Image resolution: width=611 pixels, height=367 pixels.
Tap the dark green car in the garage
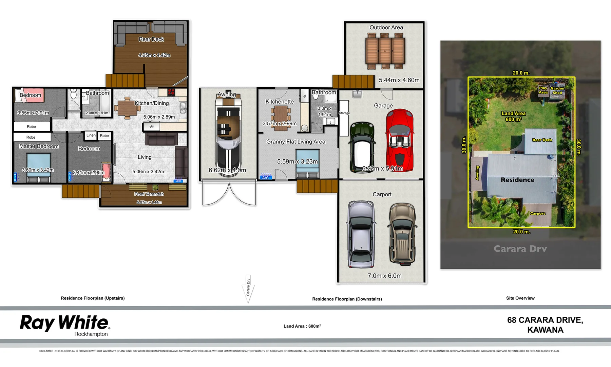pyautogui.click(x=362, y=147)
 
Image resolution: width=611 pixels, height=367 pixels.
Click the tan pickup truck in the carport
pyautogui.click(x=402, y=234)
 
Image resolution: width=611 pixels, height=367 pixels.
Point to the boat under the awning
pyautogui.click(x=228, y=134)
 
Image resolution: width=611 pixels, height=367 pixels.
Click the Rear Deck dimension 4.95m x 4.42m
pyautogui.click(x=154, y=55)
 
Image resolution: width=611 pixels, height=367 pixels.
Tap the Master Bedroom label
pyautogui.click(x=39, y=146)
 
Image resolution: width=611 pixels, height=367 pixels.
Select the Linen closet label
pyautogui.click(x=91, y=135)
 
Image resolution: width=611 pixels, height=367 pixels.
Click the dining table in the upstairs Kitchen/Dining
pyautogui.click(x=127, y=108)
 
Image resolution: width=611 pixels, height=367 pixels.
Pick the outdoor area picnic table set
pyautogui.click(x=385, y=51)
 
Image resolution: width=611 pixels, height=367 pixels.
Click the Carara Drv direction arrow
pyautogui.click(x=248, y=289)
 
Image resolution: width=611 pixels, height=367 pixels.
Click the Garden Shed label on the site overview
pyautogui.click(x=557, y=90)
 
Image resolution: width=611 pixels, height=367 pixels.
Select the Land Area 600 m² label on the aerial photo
pyautogui.click(x=513, y=116)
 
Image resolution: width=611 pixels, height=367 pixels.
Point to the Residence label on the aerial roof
pyautogui.click(x=517, y=180)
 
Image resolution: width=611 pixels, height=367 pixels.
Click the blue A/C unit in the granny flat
pyautogui.click(x=265, y=177)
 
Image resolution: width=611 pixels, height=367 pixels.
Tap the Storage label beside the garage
pyautogui.click(x=344, y=113)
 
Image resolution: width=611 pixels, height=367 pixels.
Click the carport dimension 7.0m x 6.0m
pyautogui.click(x=384, y=276)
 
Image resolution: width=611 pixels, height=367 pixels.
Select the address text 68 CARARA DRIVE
pyautogui.click(x=545, y=320)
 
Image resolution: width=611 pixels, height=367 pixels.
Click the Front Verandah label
pyautogui.click(x=149, y=194)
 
